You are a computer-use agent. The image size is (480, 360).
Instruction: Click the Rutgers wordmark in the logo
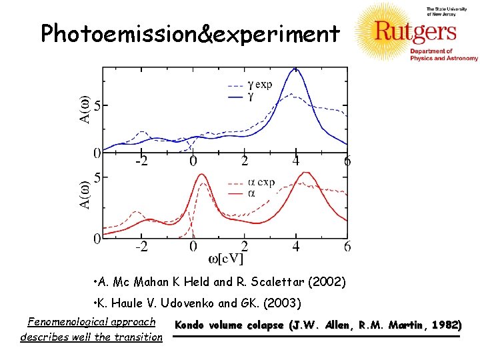click(415, 31)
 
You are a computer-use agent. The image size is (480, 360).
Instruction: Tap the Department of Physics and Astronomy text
click(434, 55)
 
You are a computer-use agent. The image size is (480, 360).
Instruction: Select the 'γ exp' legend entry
click(259, 85)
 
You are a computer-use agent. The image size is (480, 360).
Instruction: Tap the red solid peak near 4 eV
click(306, 174)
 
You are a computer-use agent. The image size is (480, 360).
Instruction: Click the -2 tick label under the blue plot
click(141, 161)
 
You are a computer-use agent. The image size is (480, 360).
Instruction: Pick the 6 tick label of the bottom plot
click(347, 247)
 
